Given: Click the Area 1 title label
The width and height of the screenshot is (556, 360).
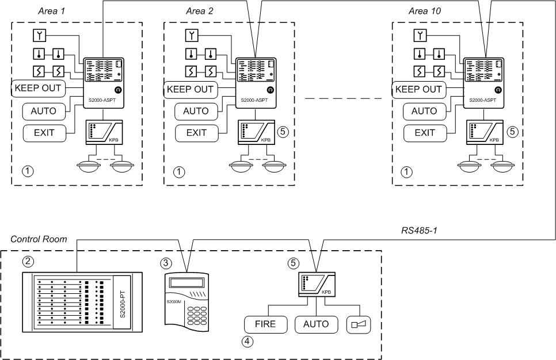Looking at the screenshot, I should [52, 10].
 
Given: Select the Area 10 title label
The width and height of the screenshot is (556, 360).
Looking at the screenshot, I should [425, 10].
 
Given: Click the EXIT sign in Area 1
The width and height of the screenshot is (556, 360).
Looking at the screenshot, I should [44, 132].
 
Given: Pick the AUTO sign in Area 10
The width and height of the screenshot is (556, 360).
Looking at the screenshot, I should [424, 110].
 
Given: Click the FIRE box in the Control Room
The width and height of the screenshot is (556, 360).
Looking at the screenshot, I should [265, 324].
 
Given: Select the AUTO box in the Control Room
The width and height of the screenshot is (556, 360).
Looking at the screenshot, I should [317, 324].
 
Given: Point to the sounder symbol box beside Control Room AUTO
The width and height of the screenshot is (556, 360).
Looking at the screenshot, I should [359, 324].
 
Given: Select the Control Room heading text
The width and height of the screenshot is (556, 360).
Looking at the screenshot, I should [39, 239].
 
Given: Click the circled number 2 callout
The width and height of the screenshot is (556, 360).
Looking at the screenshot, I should [26, 261].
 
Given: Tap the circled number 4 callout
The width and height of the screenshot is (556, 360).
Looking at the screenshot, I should [247, 340].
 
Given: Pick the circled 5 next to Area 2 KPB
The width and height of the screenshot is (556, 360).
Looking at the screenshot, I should [282, 131].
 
